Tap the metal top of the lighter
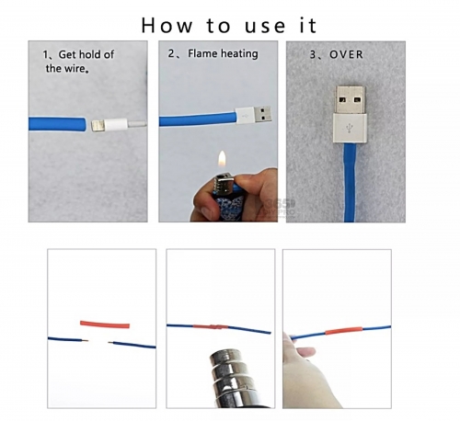(222, 183)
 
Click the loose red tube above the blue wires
(105, 324)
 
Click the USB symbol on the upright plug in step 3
(350, 128)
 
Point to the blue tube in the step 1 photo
(58, 124)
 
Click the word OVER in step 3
(346, 54)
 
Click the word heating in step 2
(240, 54)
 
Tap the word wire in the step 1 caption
(75, 68)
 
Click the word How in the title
(167, 25)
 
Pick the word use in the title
(265, 26)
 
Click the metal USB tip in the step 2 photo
(262, 115)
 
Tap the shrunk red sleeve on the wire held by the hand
(344, 331)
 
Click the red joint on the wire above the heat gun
(211, 326)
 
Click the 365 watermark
(280, 203)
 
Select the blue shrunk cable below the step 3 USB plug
(350, 183)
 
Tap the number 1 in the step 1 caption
(45, 55)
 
